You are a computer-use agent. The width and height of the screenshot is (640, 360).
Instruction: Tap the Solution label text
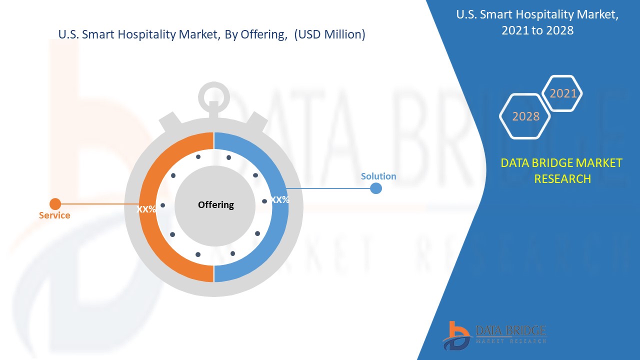[378, 176]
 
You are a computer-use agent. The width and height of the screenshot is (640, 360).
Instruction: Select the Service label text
[54, 215]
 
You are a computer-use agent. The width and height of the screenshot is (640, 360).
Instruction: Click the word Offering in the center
[215, 205]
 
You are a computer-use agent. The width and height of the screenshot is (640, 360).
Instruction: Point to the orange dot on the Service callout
[55, 204]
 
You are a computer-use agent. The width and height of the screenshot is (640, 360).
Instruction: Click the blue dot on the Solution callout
[375, 188]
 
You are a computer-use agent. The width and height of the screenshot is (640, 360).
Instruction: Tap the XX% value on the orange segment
[146, 209]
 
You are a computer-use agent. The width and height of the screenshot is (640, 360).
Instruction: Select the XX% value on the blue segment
[279, 199]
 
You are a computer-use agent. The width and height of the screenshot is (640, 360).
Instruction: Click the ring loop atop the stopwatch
[213, 85]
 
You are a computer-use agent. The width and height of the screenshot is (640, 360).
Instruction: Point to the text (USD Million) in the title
[329, 34]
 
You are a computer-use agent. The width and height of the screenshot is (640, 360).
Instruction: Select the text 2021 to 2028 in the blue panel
[537, 30]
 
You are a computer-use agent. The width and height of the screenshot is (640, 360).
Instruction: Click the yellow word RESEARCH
[562, 179]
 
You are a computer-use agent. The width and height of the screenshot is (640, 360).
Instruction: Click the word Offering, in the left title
[264, 34]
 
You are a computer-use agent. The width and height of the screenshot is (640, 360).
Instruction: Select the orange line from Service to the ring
[100, 204]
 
